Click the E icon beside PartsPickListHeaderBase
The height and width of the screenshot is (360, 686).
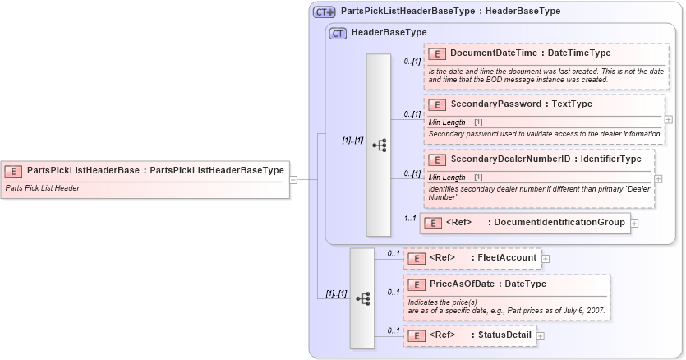coord(13,171)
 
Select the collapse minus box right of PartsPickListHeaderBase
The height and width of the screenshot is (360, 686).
coord(293,178)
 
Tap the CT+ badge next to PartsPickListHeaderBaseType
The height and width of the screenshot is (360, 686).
coord(325,12)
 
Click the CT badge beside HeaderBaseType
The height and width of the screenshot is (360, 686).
coord(338,33)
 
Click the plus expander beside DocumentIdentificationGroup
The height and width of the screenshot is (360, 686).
coord(635,223)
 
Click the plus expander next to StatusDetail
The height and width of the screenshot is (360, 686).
coord(541,336)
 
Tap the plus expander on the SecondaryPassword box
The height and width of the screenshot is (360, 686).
coord(668,119)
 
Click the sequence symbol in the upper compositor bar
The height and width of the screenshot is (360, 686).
coord(379,145)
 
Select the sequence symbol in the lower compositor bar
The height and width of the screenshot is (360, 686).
coord(362,299)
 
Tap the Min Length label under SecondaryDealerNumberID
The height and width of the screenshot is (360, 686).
coord(447,177)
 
